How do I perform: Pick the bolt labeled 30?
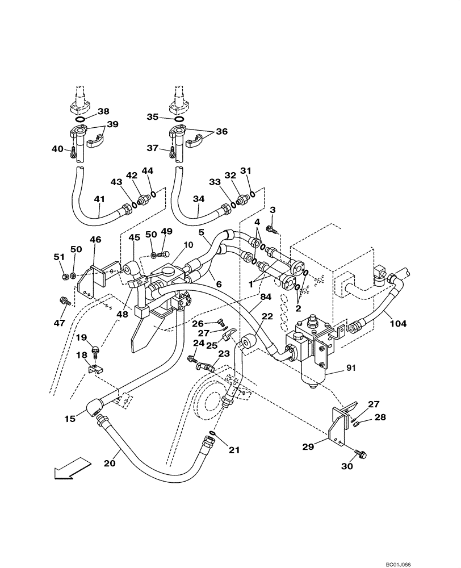(362, 454)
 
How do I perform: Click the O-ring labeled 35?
(179, 119)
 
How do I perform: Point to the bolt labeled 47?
(64, 301)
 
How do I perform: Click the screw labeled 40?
(73, 152)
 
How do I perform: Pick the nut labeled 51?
(65, 277)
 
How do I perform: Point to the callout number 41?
(100, 199)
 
